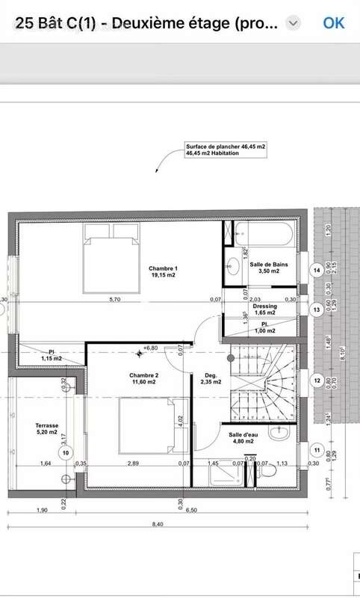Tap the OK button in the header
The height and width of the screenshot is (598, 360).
coord(333,22)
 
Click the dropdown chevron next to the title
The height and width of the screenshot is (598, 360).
coord(294,23)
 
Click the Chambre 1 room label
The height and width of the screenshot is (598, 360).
coord(163,272)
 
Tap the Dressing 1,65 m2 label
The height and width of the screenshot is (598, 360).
coord(264,309)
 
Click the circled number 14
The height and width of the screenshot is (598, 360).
coord(317,270)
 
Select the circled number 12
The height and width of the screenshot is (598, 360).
coord(317,380)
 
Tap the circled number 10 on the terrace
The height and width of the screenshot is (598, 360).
coord(66,452)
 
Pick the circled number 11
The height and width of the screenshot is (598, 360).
coord(317,451)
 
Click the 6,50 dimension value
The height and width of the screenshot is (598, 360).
coord(193,511)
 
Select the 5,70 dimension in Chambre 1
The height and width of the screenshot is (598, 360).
coord(114,300)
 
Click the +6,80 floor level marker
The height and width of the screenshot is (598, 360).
coord(150,348)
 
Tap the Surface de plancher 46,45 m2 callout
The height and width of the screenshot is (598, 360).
coord(226,149)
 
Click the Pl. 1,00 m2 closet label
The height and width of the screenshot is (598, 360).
coord(264,327)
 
